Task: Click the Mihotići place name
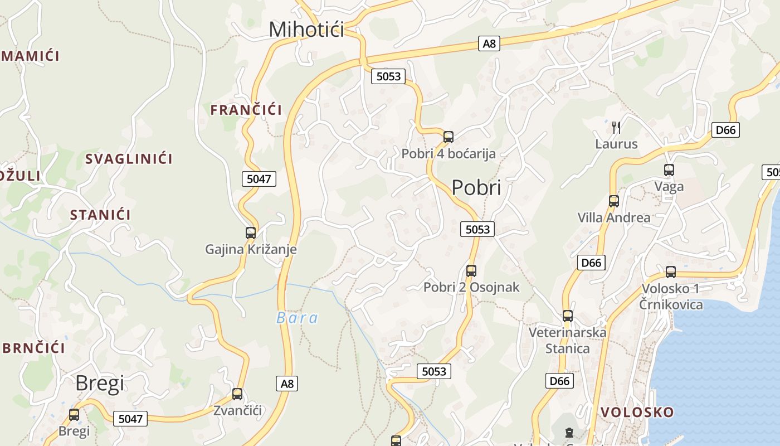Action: pos(306,29)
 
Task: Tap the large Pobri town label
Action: pos(476,188)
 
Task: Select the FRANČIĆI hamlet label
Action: pos(246,110)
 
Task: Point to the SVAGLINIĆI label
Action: pos(129,159)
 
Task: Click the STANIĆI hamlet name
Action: pos(100,215)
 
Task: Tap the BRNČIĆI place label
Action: pos(33,348)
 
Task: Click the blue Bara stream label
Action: pos(298,318)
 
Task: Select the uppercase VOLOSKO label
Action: pos(637,412)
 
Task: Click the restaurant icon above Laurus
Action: pos(616,128)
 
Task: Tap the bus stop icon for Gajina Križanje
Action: pos(251,233)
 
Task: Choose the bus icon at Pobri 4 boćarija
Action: pos(448,137)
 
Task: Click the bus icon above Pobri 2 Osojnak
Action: pos(471,271)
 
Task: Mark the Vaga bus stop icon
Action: pos(669,170)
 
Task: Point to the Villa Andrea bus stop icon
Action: pos(614,201)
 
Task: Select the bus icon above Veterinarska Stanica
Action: pos(568,316)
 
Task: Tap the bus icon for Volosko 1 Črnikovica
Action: pos(671,272)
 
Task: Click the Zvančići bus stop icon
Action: pos(237,394)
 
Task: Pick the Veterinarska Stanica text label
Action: pos(567,341)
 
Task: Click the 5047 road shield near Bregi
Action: pos(130,419)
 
